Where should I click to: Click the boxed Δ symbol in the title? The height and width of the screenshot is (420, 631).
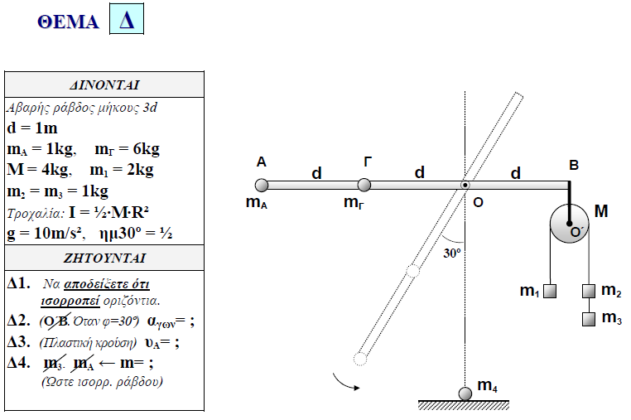click(x=127, y=21)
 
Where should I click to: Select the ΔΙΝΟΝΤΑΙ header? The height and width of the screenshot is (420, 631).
click(x=104, y=84)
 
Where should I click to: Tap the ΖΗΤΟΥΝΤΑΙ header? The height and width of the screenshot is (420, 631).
click(x=104, y=257)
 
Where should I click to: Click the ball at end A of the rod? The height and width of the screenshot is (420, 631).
click(x=262, y=185)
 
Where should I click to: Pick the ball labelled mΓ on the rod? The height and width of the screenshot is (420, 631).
click(x=364, y=185)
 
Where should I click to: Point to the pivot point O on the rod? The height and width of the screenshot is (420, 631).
click(x=465, y=185)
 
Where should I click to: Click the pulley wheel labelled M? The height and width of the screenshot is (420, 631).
click(x=570, y=224)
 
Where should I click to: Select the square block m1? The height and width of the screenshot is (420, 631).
click(x=549, y=291)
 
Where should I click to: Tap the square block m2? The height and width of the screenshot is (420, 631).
click(x=589, y=291)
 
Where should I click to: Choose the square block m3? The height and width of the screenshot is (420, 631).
click(x=589, y=317)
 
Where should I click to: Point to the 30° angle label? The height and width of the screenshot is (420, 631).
click(x=451, y=254)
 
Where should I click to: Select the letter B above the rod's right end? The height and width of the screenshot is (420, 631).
click(x=573, y=165)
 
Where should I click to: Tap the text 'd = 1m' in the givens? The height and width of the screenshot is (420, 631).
click(x=31, y=128)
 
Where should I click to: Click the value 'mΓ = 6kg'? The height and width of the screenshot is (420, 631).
click(x=128, y=149)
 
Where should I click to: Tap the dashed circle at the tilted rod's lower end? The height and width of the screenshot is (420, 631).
click(x=359, y=358)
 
